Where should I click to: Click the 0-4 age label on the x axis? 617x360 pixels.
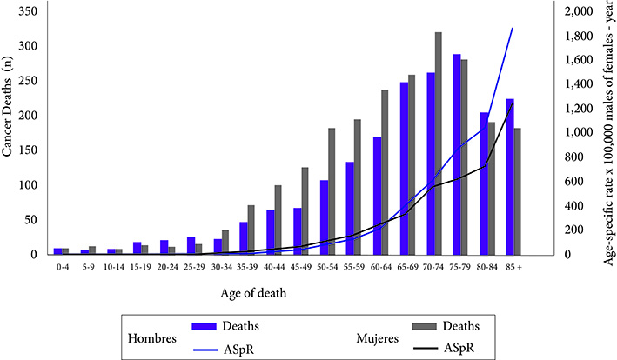click(x=60, y=266)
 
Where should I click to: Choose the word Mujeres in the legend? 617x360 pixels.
click(x=380, y=337)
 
